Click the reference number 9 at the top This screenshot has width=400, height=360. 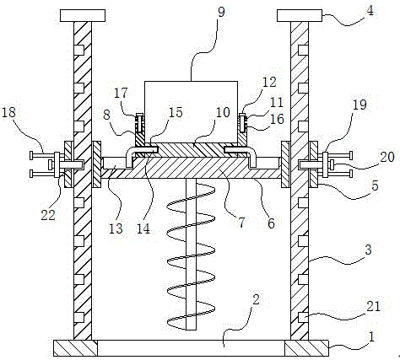pyautogui.click(x=221, y=12)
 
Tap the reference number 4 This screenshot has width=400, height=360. pyautogui.click(x=370, y=10)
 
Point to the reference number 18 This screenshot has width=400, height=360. pyautogui.click(x=8, y=112)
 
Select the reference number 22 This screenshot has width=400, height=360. pyautogui.click(x=48, y=215)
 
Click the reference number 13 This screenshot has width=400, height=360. pyautogui.click(x=116, y=228)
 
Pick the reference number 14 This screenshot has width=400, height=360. pyautogui.click(x=143, y=228)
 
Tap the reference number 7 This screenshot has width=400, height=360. pyautogui.click(x=241, y=223)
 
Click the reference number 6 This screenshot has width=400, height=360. pyautogui.click(x=271, y=223)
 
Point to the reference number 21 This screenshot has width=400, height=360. pyautogui.click(x=374, y=306)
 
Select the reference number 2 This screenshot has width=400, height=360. pyautogui.click(x=256, y=300)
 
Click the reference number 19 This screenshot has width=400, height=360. pyautogui.click(x=359, y=105)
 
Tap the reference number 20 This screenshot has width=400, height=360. pyautogui.click(x=387, y=157)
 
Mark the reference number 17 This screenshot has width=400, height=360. pyautogui.click(x=121, y=94)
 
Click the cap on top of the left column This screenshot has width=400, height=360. pyautogui.click(x=83, y=15)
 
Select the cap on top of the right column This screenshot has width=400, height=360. pyautogui.click(x=300, y=15)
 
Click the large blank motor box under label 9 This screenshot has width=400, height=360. pyautogui.click(x=191, y=112)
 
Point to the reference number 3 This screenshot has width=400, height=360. pyautogui.click(x=368, y=250)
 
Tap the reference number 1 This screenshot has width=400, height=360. pyautogui.click(x=371, y=336)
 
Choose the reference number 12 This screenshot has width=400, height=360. pyautogui.click(x=269, y=82)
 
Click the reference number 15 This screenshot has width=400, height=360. pyautogui.click(x=176, y=112)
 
